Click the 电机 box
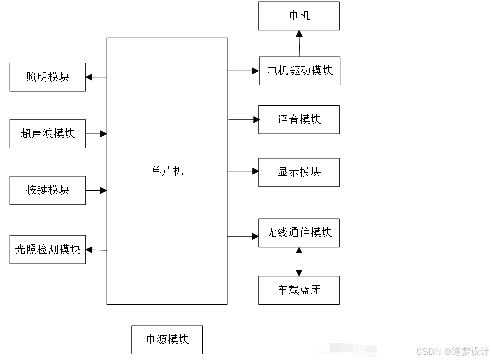(299, 16)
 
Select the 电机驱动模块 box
(299, 71)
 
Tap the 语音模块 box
(299, 120)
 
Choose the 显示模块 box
(299, 172)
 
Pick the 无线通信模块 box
(299, 233)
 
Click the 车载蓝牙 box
(299, 290)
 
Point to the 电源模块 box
(167, 340)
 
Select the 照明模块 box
(47, 77)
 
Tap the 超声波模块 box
(47, 134)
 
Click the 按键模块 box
(47, 190)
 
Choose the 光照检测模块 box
(47, 249)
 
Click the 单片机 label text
(167, 171)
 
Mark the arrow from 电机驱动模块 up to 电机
(299, 43)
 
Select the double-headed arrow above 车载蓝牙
(299, 262)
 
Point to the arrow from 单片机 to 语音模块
(244, 120)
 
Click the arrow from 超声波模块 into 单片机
(96, 134)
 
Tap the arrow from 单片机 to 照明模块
(96, 77)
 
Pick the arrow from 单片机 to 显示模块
(243, 171)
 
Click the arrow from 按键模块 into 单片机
(96, 190)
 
